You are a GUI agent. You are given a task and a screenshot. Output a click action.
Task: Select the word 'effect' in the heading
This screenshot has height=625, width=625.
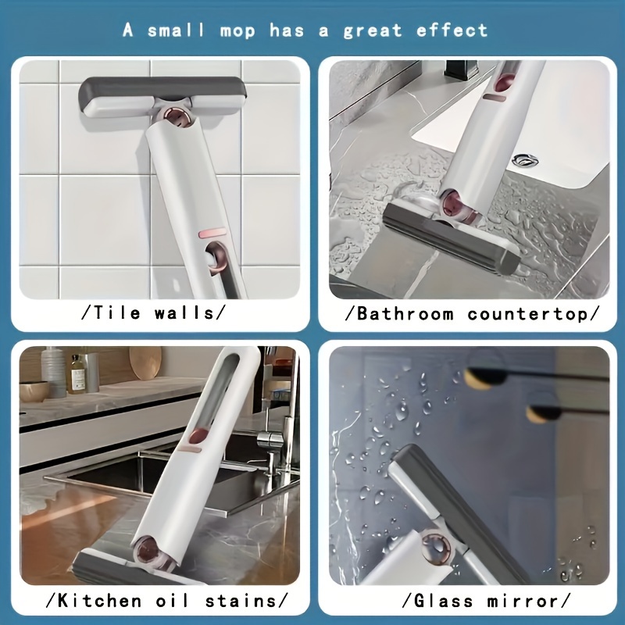pyautogui.click(x=452, y=30)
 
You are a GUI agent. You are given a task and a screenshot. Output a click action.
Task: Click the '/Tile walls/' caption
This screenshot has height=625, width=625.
pyautogui.click(x=153, y=313)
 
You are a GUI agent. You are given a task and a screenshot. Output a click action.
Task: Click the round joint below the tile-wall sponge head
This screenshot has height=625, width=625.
pyautogui.click(x=180, y=119)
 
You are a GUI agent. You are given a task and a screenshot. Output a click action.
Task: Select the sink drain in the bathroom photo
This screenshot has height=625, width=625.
pyautogui.click(x=525, y=159)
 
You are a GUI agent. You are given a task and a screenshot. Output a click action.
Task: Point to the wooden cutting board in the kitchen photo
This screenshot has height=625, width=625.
pyautogui.click(x=145, y=362)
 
